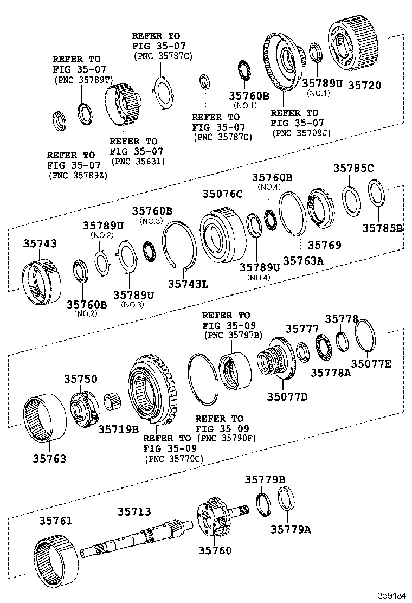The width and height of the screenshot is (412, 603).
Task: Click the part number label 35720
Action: (364, 85)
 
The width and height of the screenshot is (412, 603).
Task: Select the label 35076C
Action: (223, 194)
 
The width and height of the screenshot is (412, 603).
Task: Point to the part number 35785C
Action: (353, 169)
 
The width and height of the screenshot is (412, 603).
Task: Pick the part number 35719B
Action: (118, 429)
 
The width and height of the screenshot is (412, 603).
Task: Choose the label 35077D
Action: (287, 396)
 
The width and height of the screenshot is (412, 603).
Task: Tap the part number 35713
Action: (134, 511)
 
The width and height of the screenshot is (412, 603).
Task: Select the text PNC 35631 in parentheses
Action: (138, 161)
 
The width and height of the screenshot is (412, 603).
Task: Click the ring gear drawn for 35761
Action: (56, 559)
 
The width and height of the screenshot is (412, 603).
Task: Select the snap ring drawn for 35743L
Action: (178, 245)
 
